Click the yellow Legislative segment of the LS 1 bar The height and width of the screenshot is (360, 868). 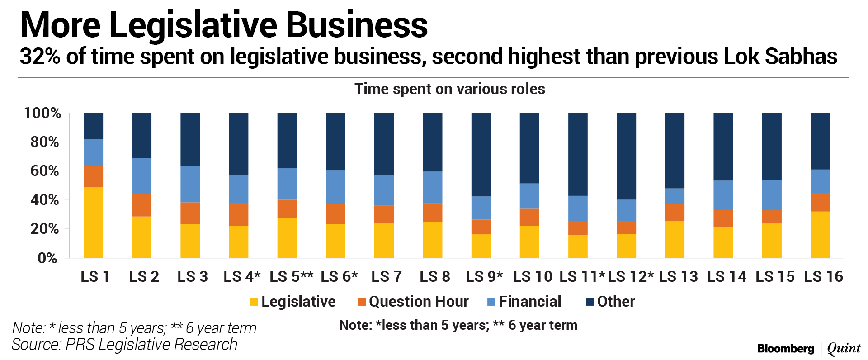point(93,223)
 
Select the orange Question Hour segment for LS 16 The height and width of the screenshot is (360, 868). point(820,202)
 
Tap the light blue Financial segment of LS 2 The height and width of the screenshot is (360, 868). point(142,176)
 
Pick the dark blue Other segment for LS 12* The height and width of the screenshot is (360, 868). point(626,156)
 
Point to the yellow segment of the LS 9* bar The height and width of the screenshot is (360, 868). point(481,246)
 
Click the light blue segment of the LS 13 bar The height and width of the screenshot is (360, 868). point(675,196)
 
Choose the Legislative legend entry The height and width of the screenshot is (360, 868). point(293,302)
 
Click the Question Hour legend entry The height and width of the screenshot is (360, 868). point(413,302)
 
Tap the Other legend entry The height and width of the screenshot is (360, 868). point(610,302)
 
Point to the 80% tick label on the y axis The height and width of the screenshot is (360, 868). point(45,142)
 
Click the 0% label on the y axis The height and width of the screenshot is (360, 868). point(47,258)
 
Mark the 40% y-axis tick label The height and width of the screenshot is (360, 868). point(45,200)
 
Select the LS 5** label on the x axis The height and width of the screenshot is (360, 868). point(292,276)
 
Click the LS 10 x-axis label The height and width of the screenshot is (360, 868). point(533,276)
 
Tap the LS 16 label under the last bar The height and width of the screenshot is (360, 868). point(823,276)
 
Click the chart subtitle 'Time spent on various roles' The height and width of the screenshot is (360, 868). point(449,89)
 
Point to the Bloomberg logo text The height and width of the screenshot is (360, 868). point(786,349)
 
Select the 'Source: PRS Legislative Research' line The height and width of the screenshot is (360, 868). point(124,345)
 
